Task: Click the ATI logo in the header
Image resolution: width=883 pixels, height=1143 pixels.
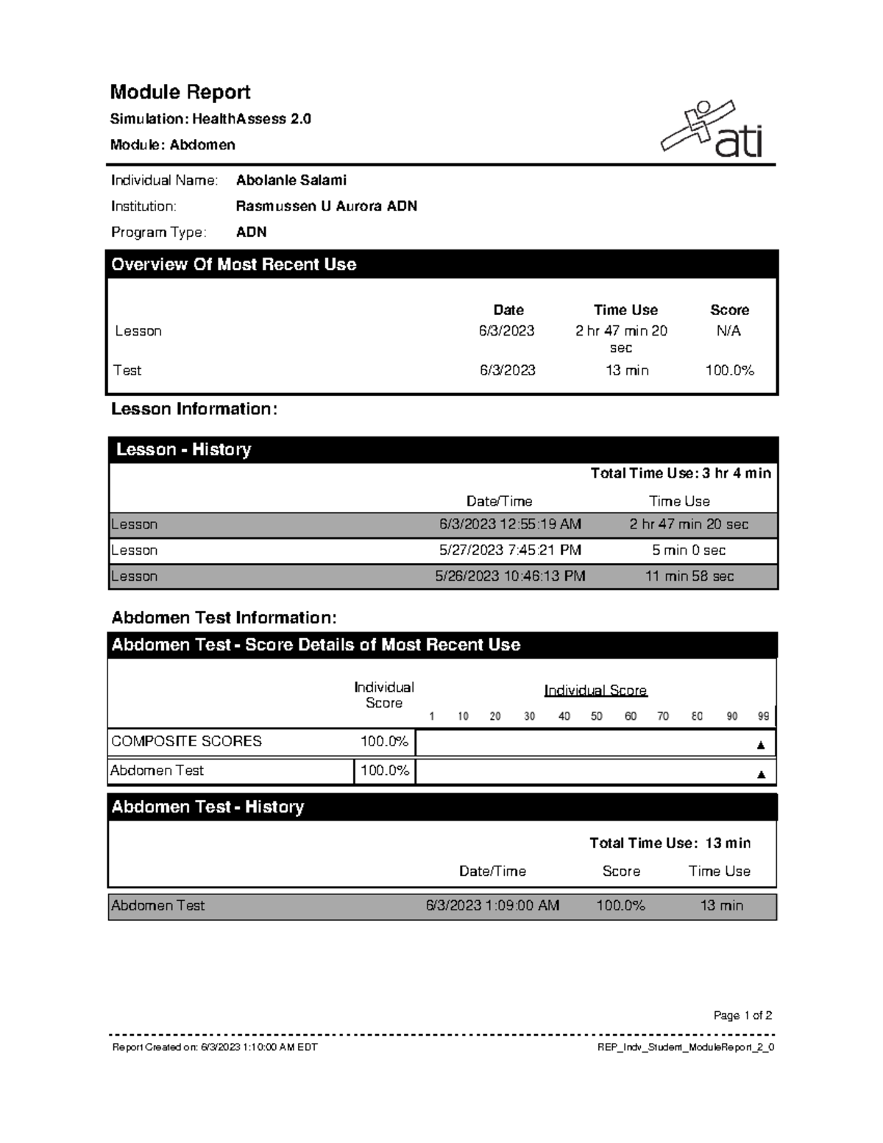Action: [x=712, y=130]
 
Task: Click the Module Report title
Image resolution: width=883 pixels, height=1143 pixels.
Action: [x=180, y=92]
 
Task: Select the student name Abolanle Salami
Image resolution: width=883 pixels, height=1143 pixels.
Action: [x=291, y=180]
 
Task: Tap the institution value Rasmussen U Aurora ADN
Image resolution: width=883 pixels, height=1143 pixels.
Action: [x=326, y=206]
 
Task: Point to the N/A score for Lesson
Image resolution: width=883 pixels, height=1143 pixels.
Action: [x=728, y=331]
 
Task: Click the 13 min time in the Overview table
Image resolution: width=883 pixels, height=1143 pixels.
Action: [x=627, y=370]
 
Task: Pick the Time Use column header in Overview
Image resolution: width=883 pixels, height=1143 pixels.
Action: [x=625, y=310]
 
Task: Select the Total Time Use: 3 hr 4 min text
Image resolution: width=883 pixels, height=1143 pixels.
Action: [x=681, y=473]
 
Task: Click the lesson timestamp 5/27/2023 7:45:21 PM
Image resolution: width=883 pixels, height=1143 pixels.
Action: [x=510, y=551]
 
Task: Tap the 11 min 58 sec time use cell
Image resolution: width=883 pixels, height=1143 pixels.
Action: [x=689, y=576]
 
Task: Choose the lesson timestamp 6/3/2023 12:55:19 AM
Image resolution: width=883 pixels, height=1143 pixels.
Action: [x=510, y=525]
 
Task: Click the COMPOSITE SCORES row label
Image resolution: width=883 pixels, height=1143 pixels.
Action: [x=186, y=741]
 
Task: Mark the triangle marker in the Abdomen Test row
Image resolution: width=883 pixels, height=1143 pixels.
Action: [x=762, y=774]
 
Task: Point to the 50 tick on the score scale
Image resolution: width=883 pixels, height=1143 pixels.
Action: [x=597, y=716]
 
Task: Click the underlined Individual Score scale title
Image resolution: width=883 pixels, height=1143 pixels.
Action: [x=595, y=690]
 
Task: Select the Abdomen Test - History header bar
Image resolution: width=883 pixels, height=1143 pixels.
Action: [x=441, y=807]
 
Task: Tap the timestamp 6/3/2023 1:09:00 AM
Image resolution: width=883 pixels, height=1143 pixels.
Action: [x=492, y=906]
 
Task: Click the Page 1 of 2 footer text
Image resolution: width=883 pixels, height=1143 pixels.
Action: [x=742, y=1016]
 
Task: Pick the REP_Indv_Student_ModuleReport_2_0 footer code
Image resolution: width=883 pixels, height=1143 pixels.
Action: [x=686, y=1047]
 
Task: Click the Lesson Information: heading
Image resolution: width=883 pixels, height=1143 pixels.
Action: [x=194, y=409]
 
